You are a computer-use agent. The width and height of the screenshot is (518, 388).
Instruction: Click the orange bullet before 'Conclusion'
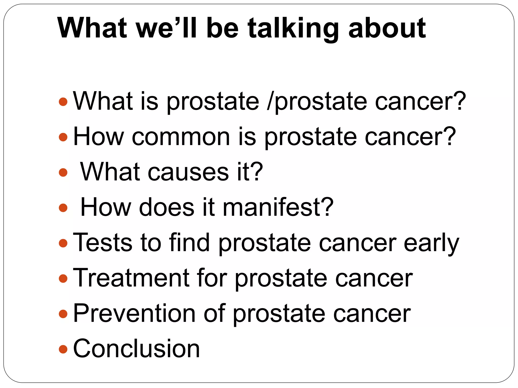63,349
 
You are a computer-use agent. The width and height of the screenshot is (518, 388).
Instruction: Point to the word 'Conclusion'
136,349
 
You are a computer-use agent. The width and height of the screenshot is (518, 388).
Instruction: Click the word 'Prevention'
134,313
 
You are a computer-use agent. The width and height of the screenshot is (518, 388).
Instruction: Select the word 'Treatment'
131,278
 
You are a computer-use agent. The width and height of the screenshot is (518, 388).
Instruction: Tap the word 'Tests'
102,243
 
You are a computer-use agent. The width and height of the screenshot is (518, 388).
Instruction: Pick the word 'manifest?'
278,207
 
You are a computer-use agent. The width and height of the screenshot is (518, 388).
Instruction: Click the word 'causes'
188,172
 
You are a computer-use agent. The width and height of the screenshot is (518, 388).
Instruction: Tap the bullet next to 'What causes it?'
63,173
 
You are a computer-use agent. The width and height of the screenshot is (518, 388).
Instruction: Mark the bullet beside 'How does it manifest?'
63,208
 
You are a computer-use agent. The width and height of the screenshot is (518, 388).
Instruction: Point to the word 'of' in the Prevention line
214,313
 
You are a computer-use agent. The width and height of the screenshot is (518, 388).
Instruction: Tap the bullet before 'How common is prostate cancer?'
63,137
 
